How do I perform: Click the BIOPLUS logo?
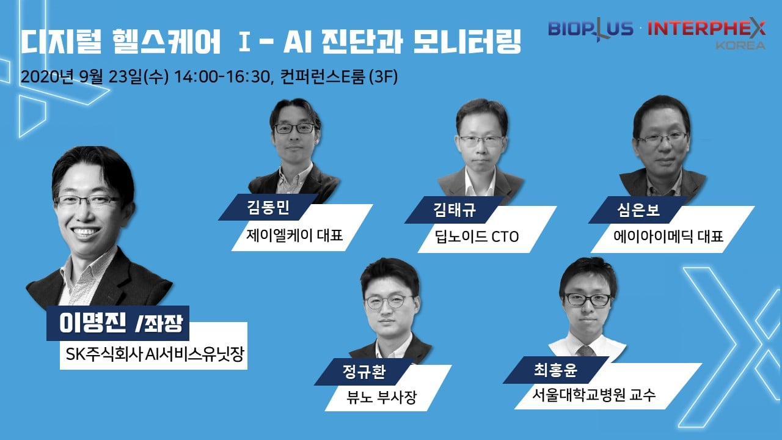click(x=590, y=28)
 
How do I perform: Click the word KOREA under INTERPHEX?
click(x=740, y=45)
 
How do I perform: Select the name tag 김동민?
click(x=268, y=207)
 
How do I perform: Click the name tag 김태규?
click(x=455, y=210)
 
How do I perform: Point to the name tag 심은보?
click(x=638, y=210)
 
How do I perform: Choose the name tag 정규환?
click(x=364, y=372)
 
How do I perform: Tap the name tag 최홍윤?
click(x=555, y=370)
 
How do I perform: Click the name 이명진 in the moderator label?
click(x=92, y=323)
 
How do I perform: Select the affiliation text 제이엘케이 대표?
click(x=294, y=235)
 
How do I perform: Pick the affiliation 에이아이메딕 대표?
click(x=668, y=237)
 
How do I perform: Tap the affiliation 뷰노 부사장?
click(x=382, y=397)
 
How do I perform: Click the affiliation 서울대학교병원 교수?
click(x=594, y=395)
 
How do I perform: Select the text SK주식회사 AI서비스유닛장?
click(x=155, y=354)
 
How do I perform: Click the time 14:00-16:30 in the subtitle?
click(x=222, y=77)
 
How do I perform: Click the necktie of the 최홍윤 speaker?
click(x=586, y=350)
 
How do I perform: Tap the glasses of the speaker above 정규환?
click(x=389, y=302)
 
